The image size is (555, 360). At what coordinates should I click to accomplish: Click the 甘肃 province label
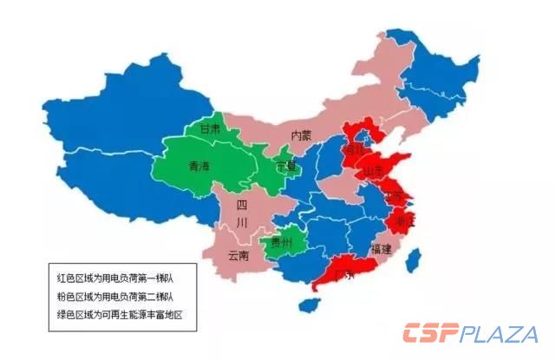(x=210, y=129)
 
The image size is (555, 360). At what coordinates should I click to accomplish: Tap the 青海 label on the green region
(x=199, y=166)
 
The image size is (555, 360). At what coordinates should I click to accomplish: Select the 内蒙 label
(x=301, y=135)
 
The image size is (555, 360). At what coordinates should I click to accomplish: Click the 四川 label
(x=242, y=214)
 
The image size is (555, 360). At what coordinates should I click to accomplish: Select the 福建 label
(x=381, y=249)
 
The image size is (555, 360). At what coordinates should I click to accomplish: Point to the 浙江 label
(x=404, y=222)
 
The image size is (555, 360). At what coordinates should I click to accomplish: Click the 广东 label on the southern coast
(x=345, y=275)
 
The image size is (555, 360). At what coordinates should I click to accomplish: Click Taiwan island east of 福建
(x=414, y=258)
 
